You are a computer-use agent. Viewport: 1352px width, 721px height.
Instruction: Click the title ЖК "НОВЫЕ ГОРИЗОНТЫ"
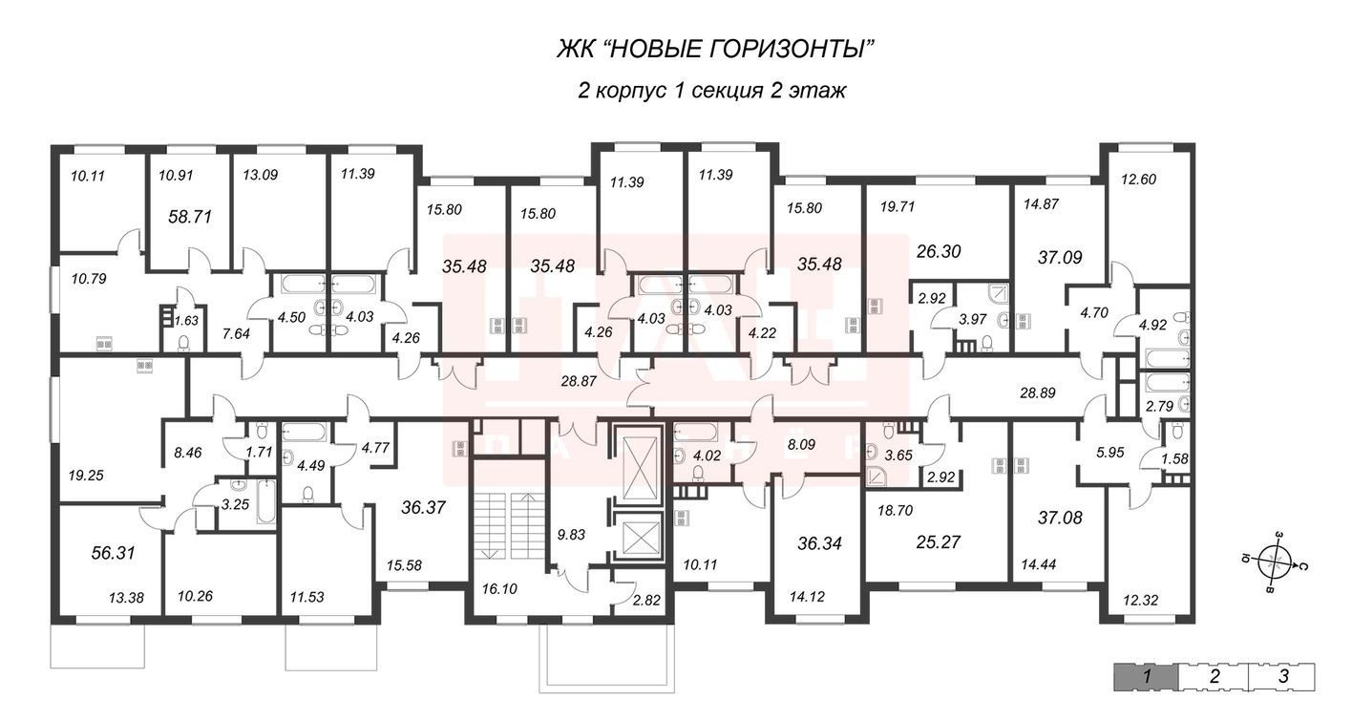pos(715,48)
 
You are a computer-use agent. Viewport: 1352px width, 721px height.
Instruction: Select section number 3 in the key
pos(1284,677)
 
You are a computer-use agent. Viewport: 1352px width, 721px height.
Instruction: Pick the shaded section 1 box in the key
pos(1144,677)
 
